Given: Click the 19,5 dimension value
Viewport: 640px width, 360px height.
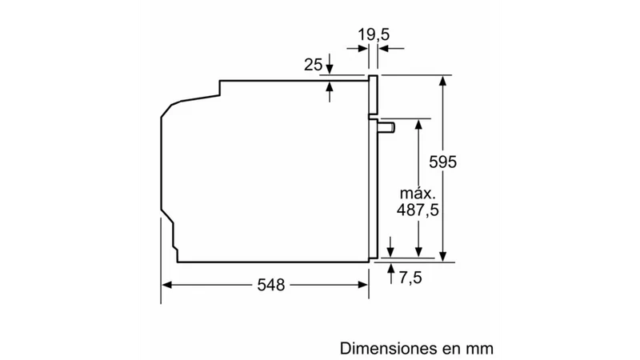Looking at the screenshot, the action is tap(374, 35).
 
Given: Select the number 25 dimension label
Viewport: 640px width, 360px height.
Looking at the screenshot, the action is tap(313, 65).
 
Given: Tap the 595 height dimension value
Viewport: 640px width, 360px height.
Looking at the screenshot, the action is tap(442, 162).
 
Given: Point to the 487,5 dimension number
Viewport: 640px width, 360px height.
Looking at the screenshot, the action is tap(418, 210).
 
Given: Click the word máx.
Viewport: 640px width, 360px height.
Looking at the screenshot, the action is tap(418, 193).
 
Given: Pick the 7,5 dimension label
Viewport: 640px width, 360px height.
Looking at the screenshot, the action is tap(410, 278).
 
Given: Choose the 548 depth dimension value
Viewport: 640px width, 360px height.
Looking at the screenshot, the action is tap(271, 285).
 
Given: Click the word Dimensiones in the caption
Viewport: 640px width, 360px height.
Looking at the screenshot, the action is tap(388, 349).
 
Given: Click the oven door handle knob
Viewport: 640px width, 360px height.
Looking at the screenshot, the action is tap(386, 127).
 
